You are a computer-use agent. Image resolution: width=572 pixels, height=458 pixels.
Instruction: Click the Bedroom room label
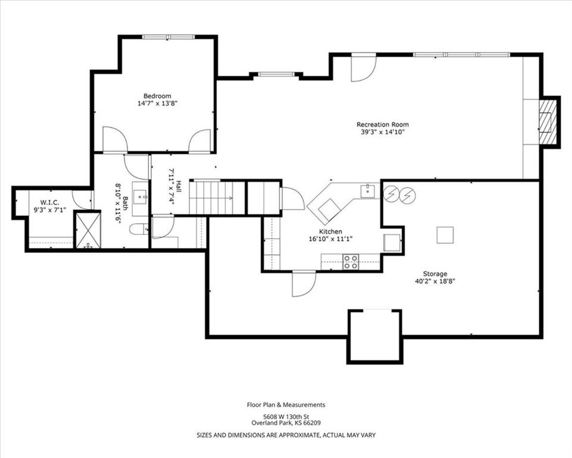pyautogui.click(x=157, y=96)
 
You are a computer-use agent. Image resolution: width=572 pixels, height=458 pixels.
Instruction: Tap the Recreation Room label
pyautogui.click(x=383, y=125)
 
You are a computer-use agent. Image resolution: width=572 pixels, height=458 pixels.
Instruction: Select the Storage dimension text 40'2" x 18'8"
pyautogui.click(x=435, y=281)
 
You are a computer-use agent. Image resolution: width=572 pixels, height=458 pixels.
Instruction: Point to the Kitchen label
pyautogui.click(x=331, y=231)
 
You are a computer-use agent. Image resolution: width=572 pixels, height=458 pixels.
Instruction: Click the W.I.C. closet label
pyautogui.click(x=49, y=202)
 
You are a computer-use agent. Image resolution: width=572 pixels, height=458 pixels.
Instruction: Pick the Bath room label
pyautogui.click(x=125, y=203)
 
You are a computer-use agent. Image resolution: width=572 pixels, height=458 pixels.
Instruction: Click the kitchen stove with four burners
pyautogui.click(x=350, y=262)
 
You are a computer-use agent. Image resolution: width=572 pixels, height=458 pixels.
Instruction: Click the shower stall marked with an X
pyautogui.click(x=88, y=230)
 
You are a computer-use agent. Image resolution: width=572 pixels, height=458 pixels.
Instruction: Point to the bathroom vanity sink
pyautogui.click(x=140, y=196)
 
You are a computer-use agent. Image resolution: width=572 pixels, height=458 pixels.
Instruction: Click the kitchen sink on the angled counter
pyautogui.click(x=368, y=191)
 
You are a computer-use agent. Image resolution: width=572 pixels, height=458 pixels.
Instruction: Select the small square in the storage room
pyautogui.click(x=445, y=235)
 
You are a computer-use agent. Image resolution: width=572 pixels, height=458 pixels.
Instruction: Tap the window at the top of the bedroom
pyautogui.click(x=168, y=36)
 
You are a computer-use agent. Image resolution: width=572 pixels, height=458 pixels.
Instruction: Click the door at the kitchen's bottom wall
pyautogui.click(x=304, y=284)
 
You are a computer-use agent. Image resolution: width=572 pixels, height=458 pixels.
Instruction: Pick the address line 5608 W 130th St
pyautogui.click(x=287, y=416)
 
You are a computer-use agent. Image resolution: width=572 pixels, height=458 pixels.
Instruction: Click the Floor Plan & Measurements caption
pyautogui.click(x=286, y=405)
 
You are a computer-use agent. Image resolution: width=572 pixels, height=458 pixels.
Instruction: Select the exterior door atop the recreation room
pyautogui.click(x=363, y=67)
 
